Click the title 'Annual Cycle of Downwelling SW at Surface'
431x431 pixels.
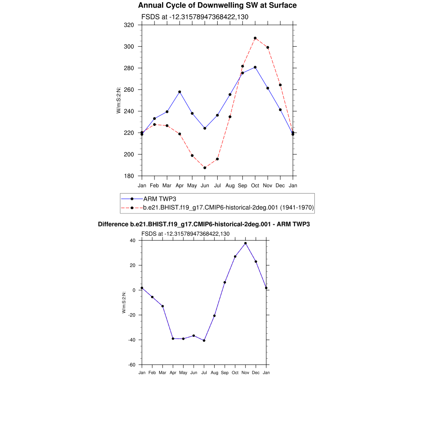pyautogui.click(x=217, y=5)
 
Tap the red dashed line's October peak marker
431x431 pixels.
pyautogui.click(x=255, y=38)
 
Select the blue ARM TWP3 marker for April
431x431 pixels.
pyautogui.click(x=180, y=92)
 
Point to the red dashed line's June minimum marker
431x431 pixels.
pyautogui.click(x=205, y=168)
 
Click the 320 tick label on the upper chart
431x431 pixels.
pyautogui.click(x=129, y=25)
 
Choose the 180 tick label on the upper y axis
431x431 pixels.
pyautogui.click(x=129, y=176)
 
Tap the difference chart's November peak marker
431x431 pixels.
pyautogui.click(x=245, y=243)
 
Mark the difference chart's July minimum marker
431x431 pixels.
pyautogui.click(x=204, y=341)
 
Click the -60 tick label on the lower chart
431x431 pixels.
pyautogui.click(x=132, y=365)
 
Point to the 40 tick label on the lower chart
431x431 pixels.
pyautogui.click(x=132, y=241)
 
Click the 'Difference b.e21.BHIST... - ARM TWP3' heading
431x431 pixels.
pyautogui.click(x=204, y=224)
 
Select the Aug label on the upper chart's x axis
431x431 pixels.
pyautogui.click(x=230, y=186)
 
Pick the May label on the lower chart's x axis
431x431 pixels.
pyautogui.click(x=183, y=373)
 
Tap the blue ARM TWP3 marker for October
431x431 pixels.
pyautogui.click(x=255, y=67)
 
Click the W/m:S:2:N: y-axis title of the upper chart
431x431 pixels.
pyautogui.click(x=119, y=100)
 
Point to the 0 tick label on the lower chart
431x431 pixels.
pyautogui.click(x=134, y=290)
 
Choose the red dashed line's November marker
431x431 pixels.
pyautogui.click(x=268, y=48)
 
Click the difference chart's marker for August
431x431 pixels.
pyautogui.click(x=214, y=316)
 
